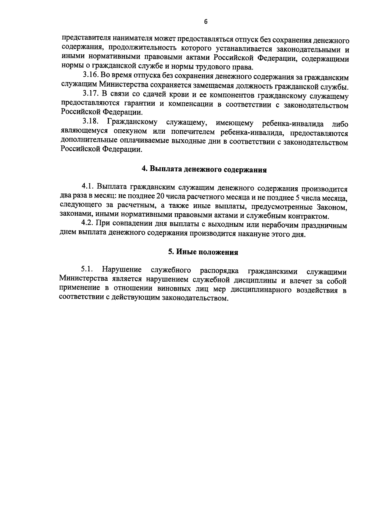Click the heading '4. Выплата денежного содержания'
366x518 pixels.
tap(204, 170)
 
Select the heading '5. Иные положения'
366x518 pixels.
tap(203, 252)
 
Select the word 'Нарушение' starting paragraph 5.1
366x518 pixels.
tap(122, 270)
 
